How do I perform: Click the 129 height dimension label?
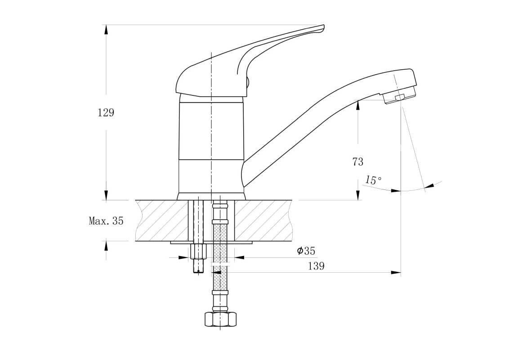[106, 113]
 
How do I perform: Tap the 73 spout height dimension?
[358, 162]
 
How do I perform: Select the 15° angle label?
[373, 180]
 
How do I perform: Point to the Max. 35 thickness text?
[106, 221]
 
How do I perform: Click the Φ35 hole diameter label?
[306, 251]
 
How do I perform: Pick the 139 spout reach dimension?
[316, 266]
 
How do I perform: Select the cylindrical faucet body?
[211, 147]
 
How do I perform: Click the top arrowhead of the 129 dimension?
[106, 30]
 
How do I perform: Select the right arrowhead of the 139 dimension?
[396, 273]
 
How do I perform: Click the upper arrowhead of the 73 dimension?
[358, 105]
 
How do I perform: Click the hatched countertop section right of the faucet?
[263, 220]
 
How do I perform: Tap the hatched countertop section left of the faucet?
[162, 220]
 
